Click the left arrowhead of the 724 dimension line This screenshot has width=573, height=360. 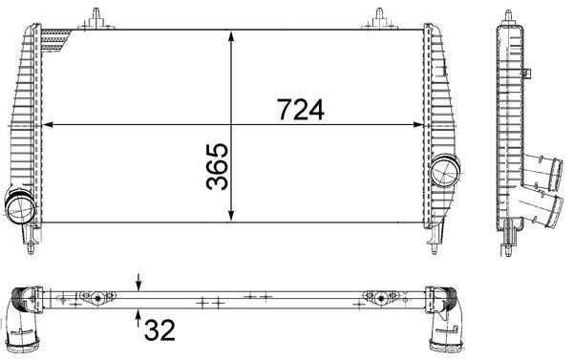coord(51,124)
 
